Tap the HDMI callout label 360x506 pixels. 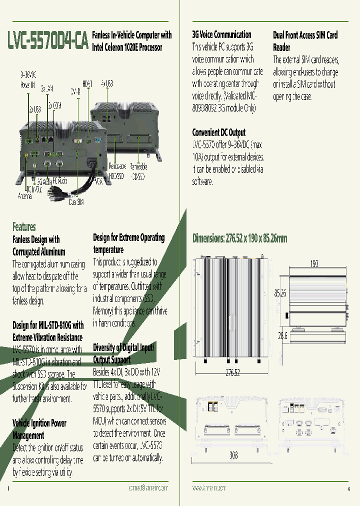pos(87,84)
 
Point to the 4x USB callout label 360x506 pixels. pos(107,83)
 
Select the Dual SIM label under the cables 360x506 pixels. pos(76,202)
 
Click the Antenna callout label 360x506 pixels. pos(25,196)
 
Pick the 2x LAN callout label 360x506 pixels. pos(47,88)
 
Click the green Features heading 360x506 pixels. pos(24,226)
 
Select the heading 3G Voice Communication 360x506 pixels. pos(221,34)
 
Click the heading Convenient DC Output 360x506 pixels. pos(219,132)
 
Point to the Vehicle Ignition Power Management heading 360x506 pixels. pos(39,429)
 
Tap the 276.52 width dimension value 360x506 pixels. pos(233,372)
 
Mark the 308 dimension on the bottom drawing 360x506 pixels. pos(233,455)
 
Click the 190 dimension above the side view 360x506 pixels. pos(314,263)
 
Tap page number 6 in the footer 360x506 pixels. pos(348,488)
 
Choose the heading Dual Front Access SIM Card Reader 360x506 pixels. pos(305,41)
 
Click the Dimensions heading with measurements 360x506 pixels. pos(240,238)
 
